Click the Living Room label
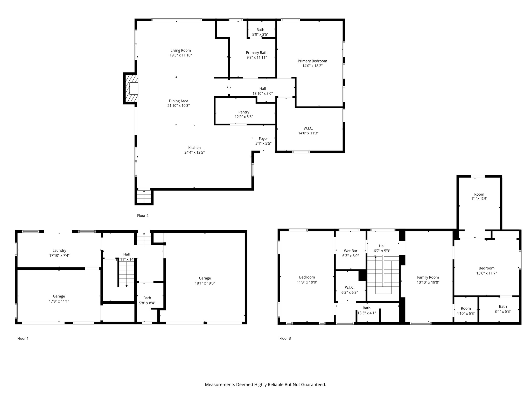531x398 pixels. (180, 51)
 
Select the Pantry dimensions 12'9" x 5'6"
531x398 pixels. (244, 117)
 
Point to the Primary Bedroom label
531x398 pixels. (312, 61)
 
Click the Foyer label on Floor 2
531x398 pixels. (263, 139)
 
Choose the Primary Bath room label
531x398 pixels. (256, 53)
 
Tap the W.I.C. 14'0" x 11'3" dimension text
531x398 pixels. (308, 133)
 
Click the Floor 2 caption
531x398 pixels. (143, 216)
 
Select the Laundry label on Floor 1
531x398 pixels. (59, 251)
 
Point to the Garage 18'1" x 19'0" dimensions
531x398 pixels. (205, 283)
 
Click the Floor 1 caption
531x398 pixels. (23, 338)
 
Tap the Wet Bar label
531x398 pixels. (351, 251)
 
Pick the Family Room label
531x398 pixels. (428, 278)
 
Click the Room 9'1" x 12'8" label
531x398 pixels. (479, 194)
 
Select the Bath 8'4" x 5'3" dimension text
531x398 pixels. (503, 311)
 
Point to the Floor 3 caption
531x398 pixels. (285, 338)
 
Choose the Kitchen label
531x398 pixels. (194, 148)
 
